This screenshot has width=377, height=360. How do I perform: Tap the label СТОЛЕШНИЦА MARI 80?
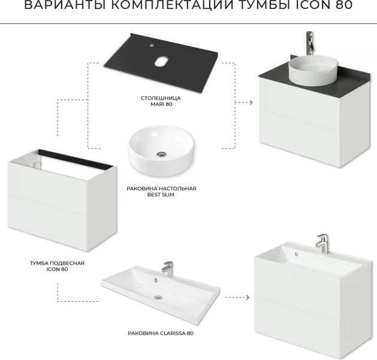(161, 101)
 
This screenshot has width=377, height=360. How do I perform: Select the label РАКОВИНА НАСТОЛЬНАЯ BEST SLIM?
(161, 191)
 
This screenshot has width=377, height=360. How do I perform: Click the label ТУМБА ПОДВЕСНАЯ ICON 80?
(57, 266)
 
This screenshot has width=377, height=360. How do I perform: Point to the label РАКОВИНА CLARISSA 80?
(161, 333)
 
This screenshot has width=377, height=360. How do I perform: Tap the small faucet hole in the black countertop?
(152, 45)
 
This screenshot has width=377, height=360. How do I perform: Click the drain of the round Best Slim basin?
(161, 154)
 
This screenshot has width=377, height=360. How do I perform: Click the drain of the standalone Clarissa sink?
(158, 298)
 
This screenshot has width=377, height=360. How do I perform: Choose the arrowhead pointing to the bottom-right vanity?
(247, 298)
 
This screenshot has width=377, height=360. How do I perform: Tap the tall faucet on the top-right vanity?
(310, 43)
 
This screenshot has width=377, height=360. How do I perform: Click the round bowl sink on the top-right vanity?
(313, 71)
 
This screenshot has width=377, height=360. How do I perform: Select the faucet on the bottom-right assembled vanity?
(322, 244)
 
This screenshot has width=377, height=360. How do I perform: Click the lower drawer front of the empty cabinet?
(48, 222)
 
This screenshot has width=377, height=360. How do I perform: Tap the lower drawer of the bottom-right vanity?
(298, 324)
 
